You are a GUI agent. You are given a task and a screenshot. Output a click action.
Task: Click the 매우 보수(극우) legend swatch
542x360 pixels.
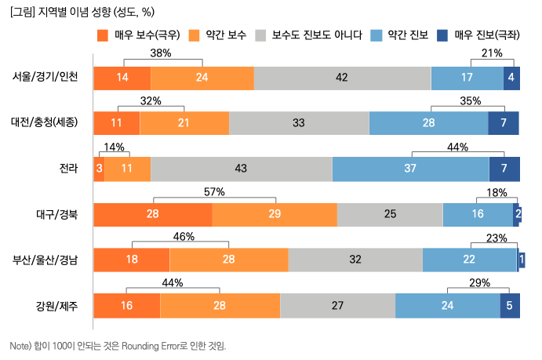point(102,35)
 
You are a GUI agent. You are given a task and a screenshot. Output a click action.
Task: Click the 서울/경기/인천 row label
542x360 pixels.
point(45,77)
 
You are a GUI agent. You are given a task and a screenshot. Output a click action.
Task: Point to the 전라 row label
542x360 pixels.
point(67,169)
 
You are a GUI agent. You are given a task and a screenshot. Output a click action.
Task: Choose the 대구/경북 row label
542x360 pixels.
point(56,214)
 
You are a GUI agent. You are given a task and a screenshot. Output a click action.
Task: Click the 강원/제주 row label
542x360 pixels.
point(56,306)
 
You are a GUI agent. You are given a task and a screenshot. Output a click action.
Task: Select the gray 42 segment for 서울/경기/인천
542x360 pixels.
point(342,78)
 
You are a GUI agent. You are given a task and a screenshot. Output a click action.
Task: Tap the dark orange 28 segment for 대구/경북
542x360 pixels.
point(152,214)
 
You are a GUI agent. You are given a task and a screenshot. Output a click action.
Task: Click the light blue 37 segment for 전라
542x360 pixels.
point(410,169)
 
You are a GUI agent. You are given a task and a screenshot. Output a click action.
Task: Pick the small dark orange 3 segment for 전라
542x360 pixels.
point(99,169)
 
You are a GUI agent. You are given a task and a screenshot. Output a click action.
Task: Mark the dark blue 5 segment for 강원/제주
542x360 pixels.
point(510,306)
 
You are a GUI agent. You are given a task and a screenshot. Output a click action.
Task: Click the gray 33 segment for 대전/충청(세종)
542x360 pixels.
point(299,123)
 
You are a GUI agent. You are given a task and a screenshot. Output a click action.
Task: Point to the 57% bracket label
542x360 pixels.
point(214,192)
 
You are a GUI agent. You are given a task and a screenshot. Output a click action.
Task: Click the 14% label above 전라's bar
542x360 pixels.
point(114,147)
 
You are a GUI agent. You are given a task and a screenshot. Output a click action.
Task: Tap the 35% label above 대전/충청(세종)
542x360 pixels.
point(470,100)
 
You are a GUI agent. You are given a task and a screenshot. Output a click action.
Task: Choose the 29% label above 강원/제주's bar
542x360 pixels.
point(479,283)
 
